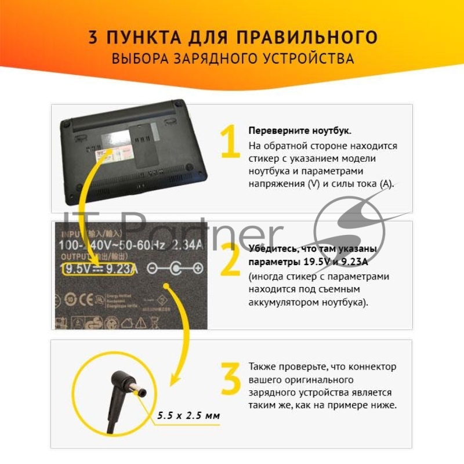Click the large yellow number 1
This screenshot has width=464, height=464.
click(230, 142)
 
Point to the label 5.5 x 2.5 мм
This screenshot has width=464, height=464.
click(188, 416)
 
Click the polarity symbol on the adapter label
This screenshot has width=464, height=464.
click(174, 268)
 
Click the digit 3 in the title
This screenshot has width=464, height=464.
click(93, 38)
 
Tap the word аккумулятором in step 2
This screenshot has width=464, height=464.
click(281, 302)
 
